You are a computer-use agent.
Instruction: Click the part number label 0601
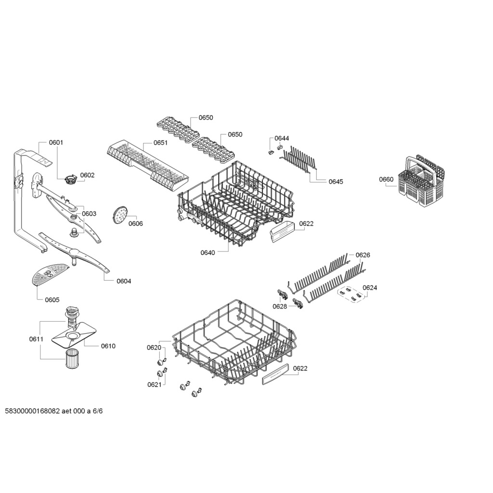pyautogui.click(x=56, y=143)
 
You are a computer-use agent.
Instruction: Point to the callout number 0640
pyautogui.click(x=208, y=253)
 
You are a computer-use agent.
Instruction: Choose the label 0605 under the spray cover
pyautogui.click(x=52, y=300)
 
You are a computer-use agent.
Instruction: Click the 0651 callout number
pyautogui.click(x=160, y=143)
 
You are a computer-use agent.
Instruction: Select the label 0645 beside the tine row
pyautogui.click(x=336, y=182)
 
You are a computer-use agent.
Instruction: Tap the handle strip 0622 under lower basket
pyautogui.click(x=275, y=374)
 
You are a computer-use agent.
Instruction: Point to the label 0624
pyautogui.click(x=370, y=288)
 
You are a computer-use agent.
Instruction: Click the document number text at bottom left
pyautogui.click(x=54, y=411)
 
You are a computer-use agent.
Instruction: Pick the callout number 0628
pyautogui.click(x=280, y=307)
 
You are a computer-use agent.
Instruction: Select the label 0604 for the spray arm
pyautogui.click(x=124, y=281)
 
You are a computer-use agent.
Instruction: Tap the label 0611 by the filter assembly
pyautogui.click(x=36, y=339)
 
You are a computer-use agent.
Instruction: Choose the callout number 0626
pyautogui.click(x=363, y=255)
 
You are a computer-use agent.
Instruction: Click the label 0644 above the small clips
pyautogui.click(x=282, y=138)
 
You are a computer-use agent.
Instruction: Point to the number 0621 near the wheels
pyautogui.click(x=155, y=385)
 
